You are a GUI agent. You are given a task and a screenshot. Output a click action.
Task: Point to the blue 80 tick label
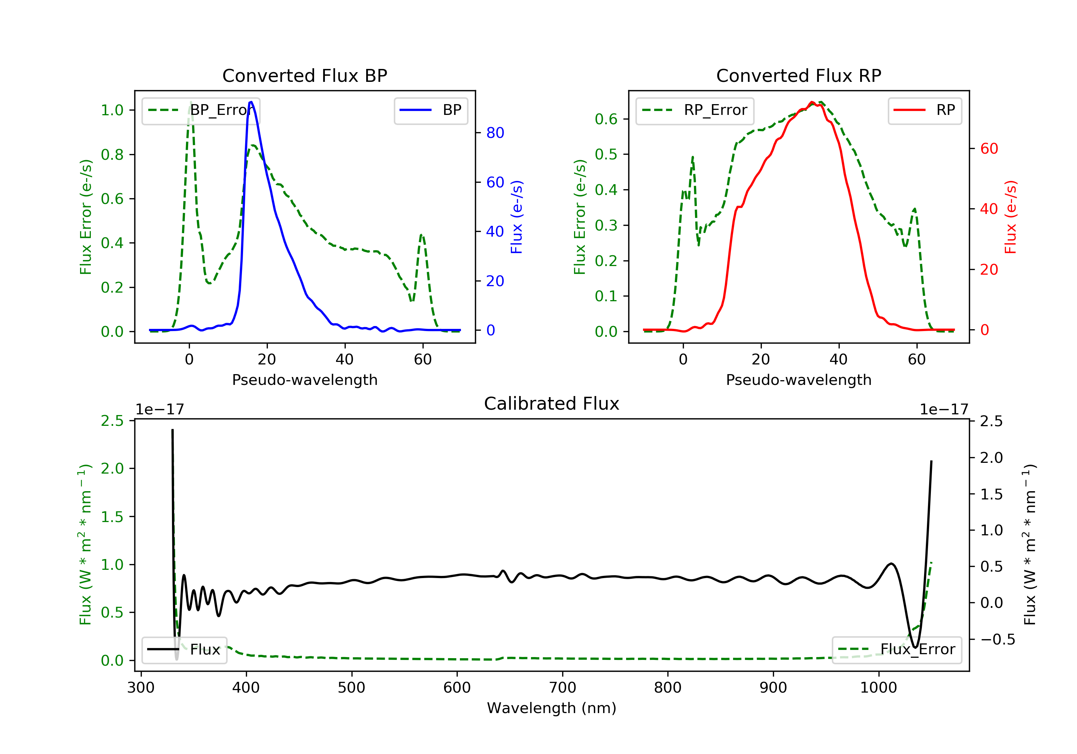click(x=495, y=133)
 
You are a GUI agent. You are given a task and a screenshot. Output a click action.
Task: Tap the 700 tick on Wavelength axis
click(x=563, y=688)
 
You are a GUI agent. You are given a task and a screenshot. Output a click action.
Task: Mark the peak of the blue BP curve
click(x=251, y=102)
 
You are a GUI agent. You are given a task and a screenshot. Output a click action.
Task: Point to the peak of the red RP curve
click(x=811, y=102)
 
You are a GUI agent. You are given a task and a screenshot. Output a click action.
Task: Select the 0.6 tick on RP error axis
click(x=606, y=119)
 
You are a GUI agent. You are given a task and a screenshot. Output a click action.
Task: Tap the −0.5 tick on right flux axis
click(x=997, y=639)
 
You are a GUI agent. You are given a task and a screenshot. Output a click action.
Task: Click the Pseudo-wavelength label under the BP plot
click(x=304, y=380)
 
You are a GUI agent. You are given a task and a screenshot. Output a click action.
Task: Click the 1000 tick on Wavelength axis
click(x=878, y=688)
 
